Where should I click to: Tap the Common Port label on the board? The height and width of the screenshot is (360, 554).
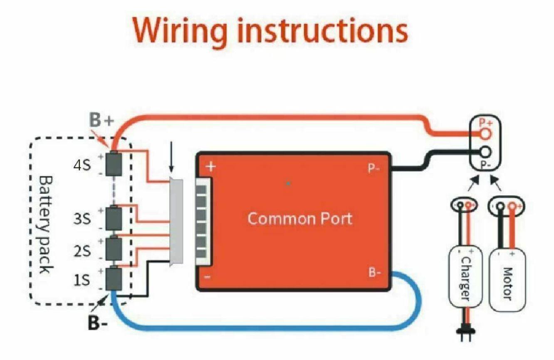click(x=299, y=218)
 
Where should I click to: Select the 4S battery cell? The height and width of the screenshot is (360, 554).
click(x=113, y=164)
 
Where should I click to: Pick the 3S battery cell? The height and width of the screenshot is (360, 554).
click(x=113, y=218)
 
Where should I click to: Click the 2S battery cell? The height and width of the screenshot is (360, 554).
click(x=113, y=248)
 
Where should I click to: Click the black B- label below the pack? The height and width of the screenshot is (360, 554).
click(x=97, y=323)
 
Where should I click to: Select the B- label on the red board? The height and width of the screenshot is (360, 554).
click(x=375, y=273)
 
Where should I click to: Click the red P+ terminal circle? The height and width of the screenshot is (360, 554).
click(x=485, y=133)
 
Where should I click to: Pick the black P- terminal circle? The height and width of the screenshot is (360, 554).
click(x=485, y=152)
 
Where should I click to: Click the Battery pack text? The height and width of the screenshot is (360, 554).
click(x=45, y=224)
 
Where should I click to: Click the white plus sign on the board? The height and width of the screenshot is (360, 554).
click(x=211, y=167)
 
